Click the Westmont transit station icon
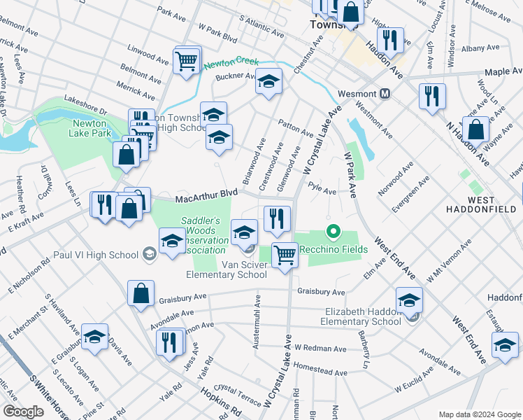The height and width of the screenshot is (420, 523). [x=385, y=93]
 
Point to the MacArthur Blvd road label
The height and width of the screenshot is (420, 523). [x=207, y=197]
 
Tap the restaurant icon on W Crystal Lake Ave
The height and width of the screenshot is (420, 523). [x=277, y=218]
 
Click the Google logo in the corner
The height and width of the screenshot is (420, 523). [x=23, y=412]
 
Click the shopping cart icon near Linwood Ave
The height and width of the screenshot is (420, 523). [x=187, y=60]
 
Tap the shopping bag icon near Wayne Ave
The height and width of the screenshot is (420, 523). [x=475, y=130]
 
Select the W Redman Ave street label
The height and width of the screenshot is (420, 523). [x=320, y=348]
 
